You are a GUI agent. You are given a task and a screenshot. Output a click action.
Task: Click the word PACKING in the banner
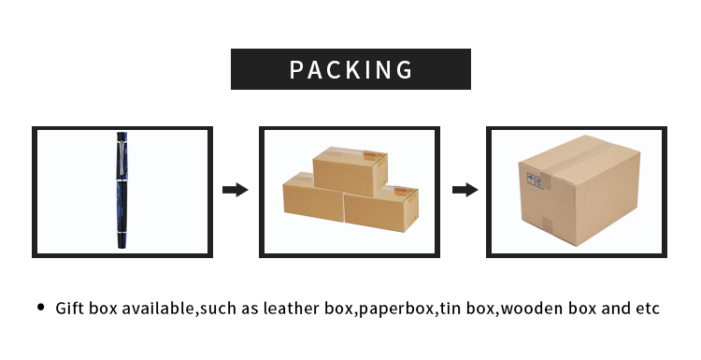350,70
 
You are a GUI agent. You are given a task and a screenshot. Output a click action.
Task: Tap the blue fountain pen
122,192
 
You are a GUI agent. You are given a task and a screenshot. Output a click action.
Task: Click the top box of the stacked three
349,171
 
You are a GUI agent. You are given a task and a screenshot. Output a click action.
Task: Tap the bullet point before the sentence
40,308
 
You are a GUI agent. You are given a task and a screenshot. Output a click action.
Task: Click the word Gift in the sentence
70,309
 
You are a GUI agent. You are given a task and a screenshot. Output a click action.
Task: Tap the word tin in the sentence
450,309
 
